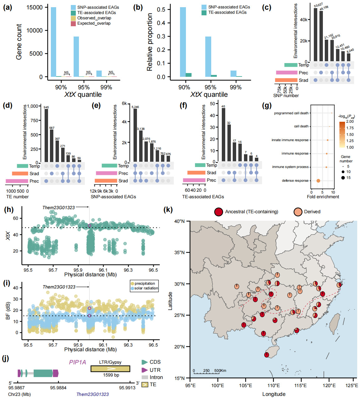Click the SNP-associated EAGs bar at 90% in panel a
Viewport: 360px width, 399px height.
(x=54, y=42)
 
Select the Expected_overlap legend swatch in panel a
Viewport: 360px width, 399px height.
(x=73, y=23)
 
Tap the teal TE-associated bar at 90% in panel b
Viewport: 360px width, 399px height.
(x=188, y=75)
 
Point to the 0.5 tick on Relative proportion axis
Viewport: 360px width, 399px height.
(x=169, y=10)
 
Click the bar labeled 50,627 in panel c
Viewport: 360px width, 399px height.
(x=315, y=34)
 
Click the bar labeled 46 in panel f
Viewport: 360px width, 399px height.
(x=223, y=135)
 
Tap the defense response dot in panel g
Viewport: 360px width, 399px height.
(x=318, y=180)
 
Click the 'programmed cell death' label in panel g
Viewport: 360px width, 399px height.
(x=291, y=113)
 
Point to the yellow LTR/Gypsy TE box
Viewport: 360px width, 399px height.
(x=110, y=369)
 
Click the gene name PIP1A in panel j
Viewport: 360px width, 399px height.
(x=77, y=362)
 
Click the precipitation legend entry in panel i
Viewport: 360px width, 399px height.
(x=144, y=283)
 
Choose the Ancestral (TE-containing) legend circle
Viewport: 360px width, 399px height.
(x=219, y=212)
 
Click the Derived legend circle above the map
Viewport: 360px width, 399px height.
(x=298, y=212)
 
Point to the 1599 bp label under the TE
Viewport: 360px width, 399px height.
(x=111, y=375)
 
